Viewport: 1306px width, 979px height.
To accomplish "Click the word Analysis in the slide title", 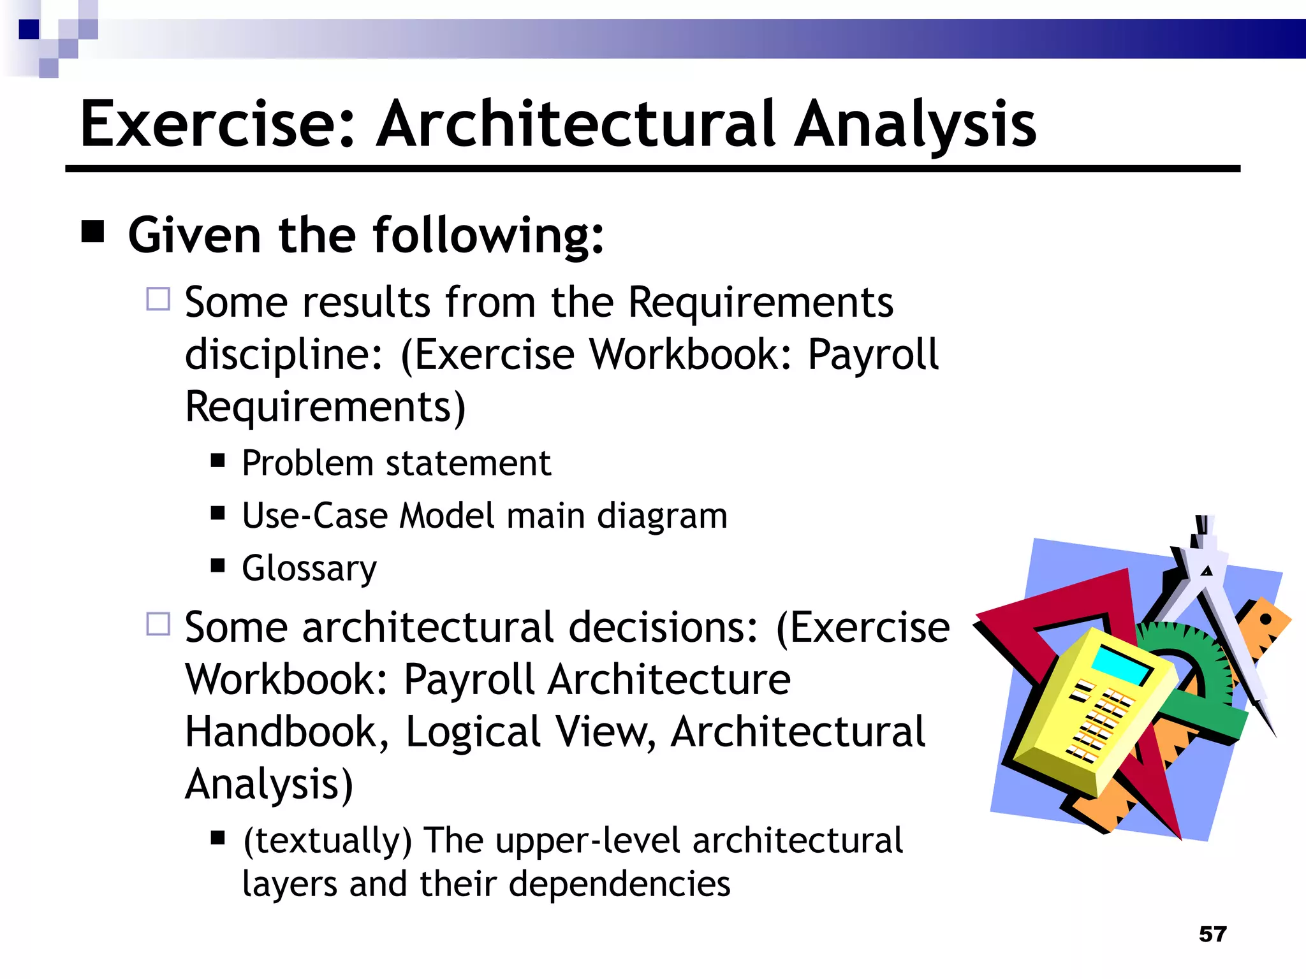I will (915, 124).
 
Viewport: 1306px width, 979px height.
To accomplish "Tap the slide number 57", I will (1212, 934).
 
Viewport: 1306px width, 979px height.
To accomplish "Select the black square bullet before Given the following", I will (93, 232).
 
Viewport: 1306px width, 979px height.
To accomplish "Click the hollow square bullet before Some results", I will (158, 299).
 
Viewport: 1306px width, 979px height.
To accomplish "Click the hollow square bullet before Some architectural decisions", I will (158, 624).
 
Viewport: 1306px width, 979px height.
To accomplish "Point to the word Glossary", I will (309, 568).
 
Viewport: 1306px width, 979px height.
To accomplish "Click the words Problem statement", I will (396, 463).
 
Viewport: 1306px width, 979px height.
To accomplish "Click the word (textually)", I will (327, 840).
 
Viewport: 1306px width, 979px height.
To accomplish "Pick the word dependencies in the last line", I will (619, 884).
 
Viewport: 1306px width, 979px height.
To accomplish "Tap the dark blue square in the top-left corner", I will (29, 29).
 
